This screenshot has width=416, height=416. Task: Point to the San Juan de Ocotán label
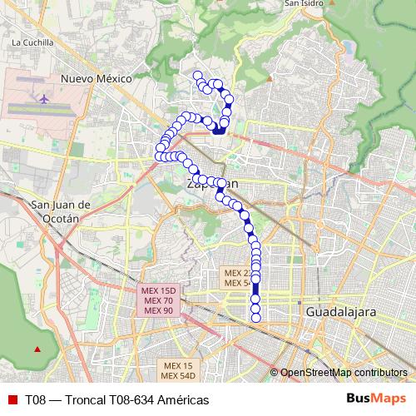(54, 212)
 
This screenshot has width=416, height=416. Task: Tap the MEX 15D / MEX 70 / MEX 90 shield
(158, 300)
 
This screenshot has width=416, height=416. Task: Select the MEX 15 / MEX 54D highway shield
(178, 371)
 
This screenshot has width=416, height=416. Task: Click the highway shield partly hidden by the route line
(237, 278)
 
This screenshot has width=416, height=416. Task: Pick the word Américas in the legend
(181, 399)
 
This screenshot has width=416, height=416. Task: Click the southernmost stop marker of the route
(255, 317)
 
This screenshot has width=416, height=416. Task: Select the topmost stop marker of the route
(197, 76)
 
